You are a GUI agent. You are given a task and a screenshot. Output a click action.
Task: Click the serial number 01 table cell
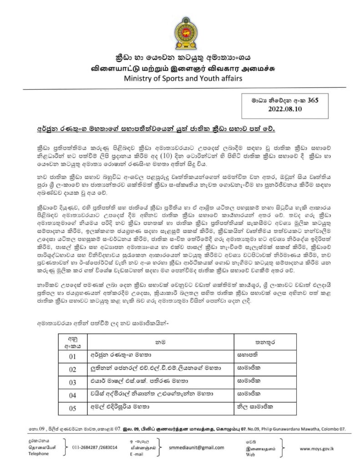pos(72,356)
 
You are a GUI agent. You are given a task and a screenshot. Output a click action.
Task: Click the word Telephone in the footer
pos(38,454)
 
